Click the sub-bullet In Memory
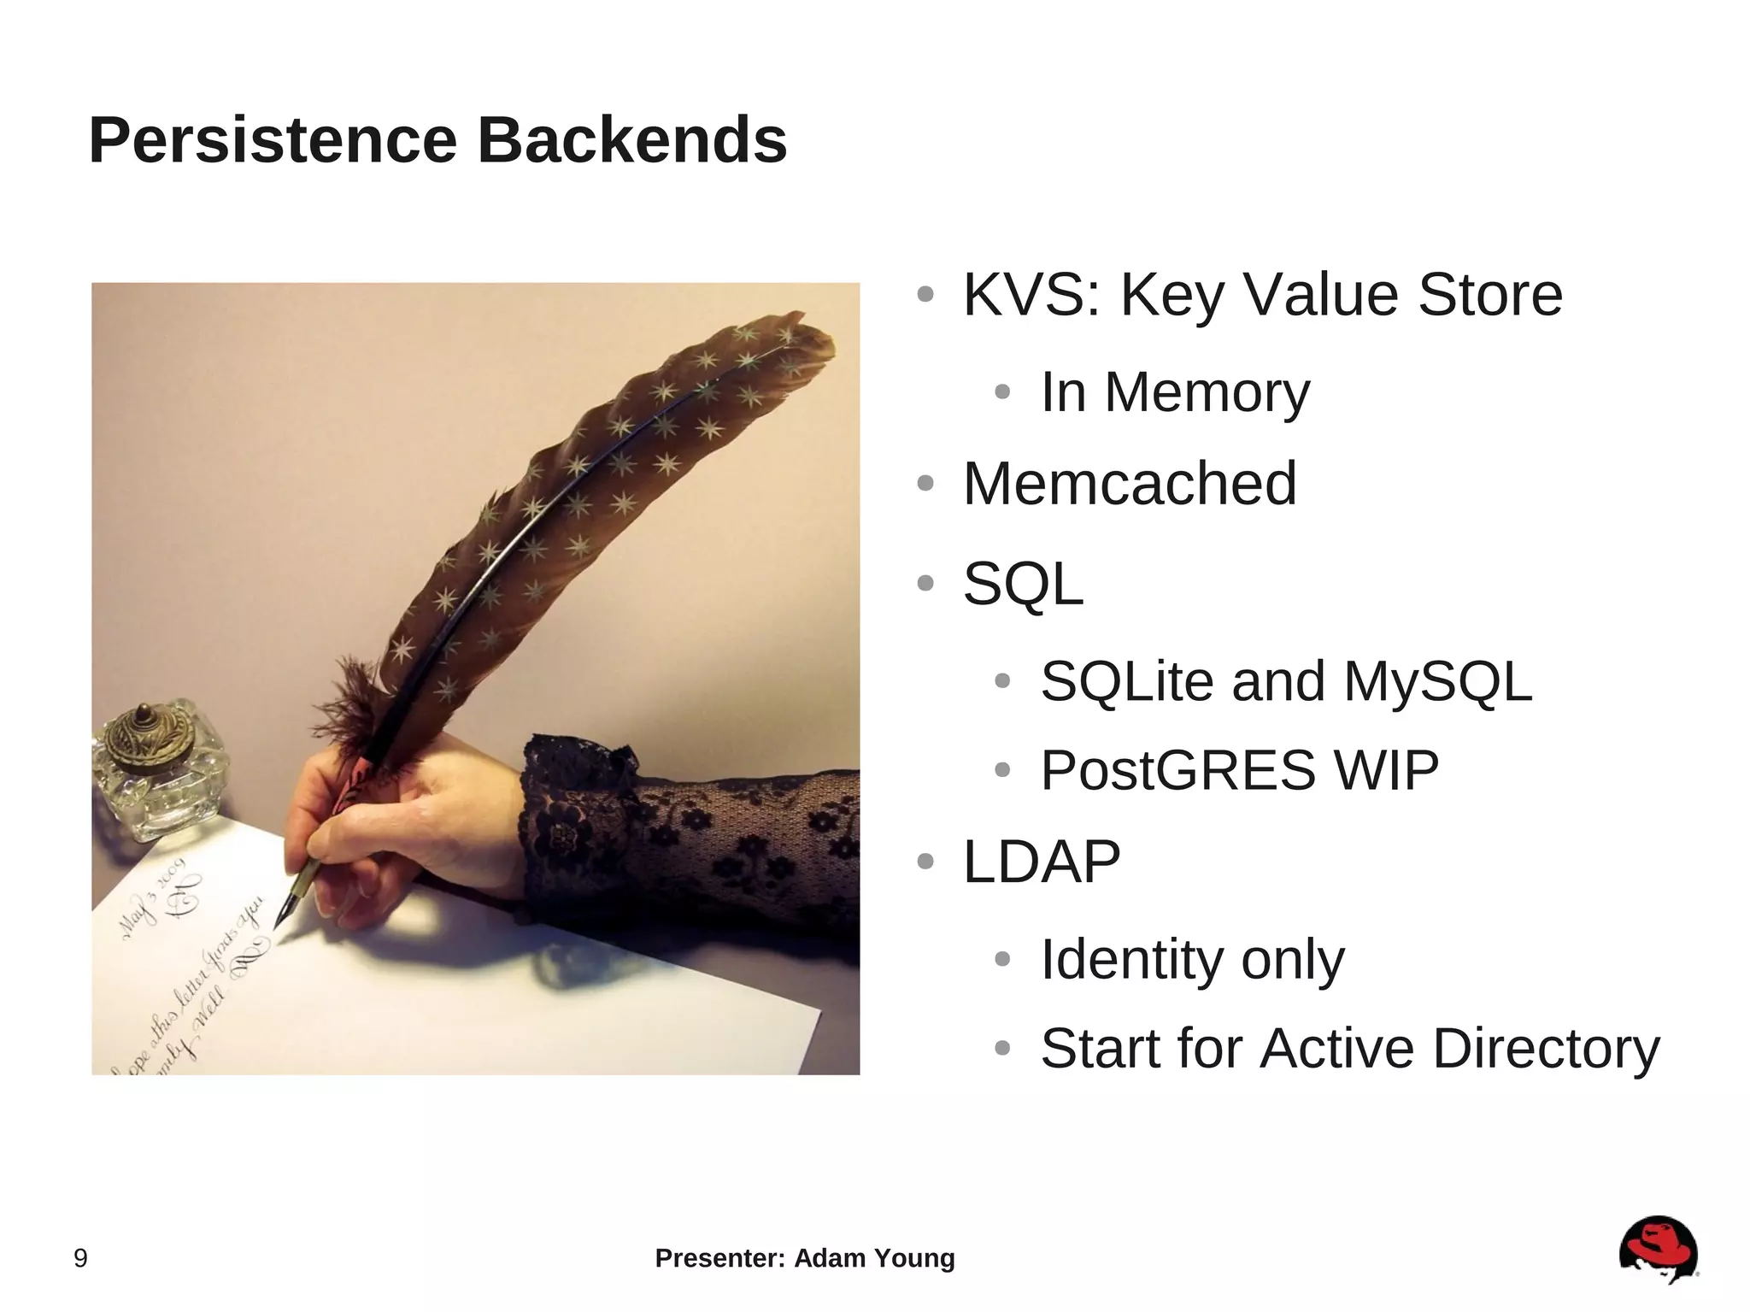pos(1174,392)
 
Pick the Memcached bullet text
pos(1130,484)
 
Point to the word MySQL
pos(1437,681)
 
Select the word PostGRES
pos(1177,770)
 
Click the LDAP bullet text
pos(1041,862)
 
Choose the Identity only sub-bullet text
pos(1192,959)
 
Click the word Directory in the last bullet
pos(1545,1048)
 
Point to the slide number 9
pos(80,1258)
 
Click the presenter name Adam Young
pos(874,1258)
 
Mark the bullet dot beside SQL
pos(925,584)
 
